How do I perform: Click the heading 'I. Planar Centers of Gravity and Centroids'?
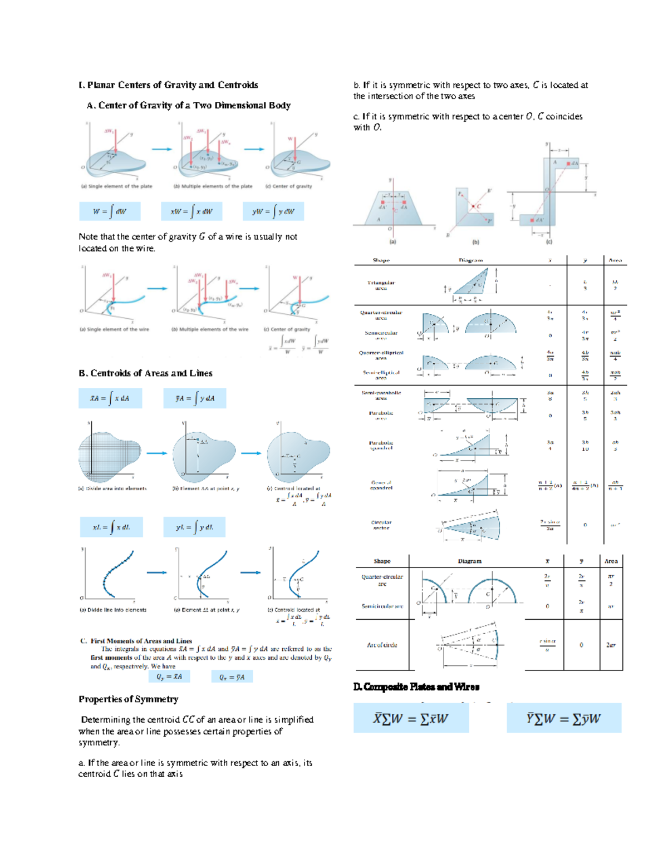tap(168, 85)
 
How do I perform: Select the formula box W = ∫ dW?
tap(110, 211)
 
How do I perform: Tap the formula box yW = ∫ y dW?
tap(273, 211)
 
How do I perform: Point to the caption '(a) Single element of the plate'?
tap(116, 186)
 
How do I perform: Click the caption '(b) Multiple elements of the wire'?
tap(210, 329)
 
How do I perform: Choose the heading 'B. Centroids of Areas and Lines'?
tap(145, 373)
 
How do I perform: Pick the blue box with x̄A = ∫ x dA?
tap(110, 398)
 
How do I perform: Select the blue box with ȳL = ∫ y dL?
tap(194, 527)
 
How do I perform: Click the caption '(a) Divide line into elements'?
tap(114, 610)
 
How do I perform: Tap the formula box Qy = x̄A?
tap(169, 677)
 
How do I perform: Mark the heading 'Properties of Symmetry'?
tap(129, 699)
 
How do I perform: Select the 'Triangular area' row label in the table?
tap(381, 285)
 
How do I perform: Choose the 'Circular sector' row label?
tap(381, 525)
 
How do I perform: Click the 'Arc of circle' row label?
tap(382, 645)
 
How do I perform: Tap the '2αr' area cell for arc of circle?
tap(611, 645)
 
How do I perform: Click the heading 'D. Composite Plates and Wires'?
tap(416, 687)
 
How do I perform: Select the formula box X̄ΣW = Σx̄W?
tap(411, 718)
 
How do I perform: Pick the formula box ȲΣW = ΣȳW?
tap(564, 718)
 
